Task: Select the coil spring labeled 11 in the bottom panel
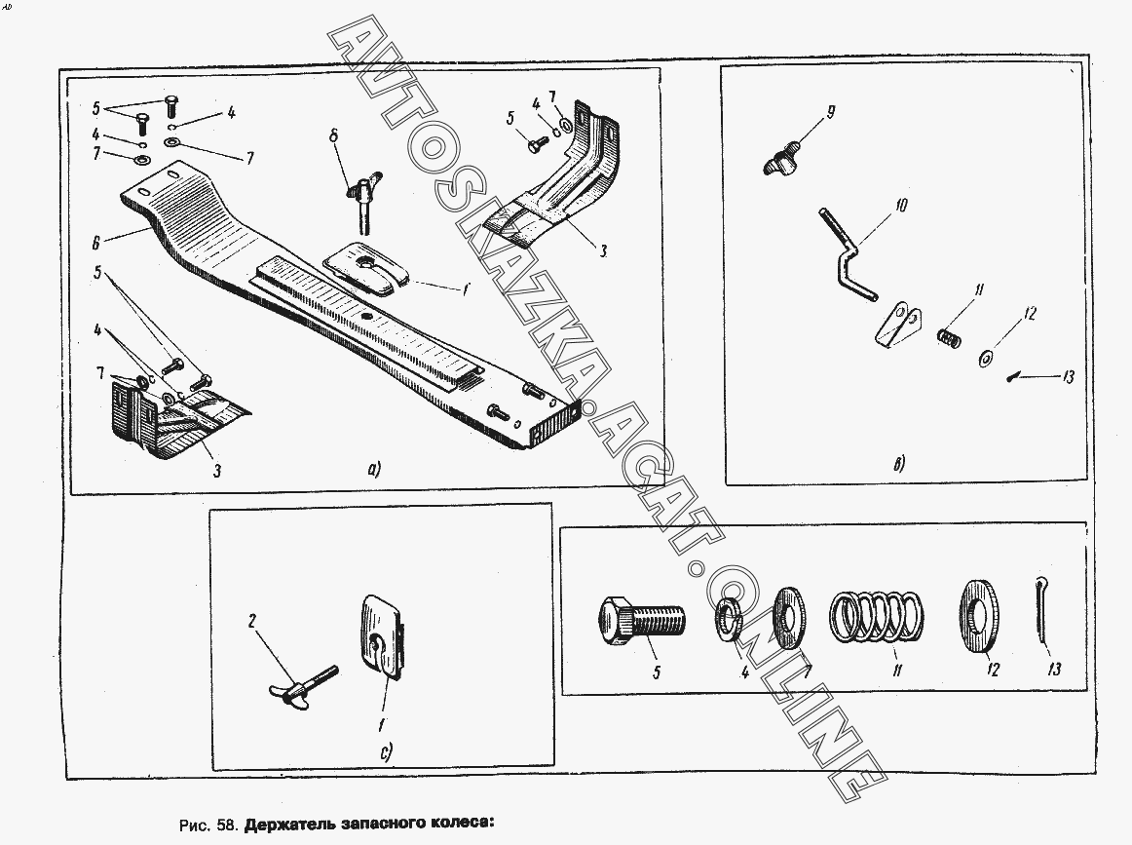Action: (877, 616)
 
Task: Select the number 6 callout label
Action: (96, 244)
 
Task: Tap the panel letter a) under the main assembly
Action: (373, 470)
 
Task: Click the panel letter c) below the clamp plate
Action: (386, 753)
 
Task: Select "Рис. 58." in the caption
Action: (208, 825)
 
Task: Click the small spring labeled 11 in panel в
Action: (949, 337)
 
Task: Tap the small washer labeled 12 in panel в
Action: (986, 359)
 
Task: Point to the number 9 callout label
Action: (831, 113)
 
